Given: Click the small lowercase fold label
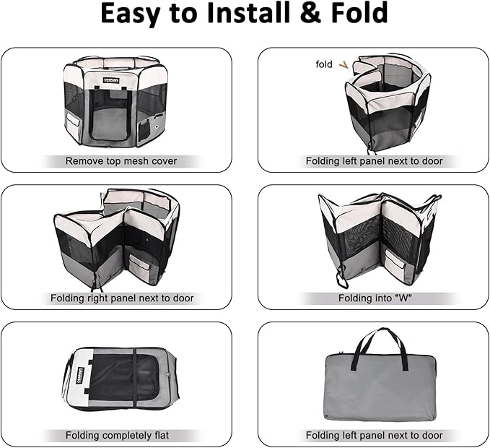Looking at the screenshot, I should pos(324,64).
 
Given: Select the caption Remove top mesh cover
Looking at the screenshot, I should pos(121,161).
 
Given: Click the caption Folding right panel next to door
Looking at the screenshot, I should pos(121,298).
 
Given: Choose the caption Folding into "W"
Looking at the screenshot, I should pos(374,298).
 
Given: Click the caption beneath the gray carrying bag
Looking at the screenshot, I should pos(374,435).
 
